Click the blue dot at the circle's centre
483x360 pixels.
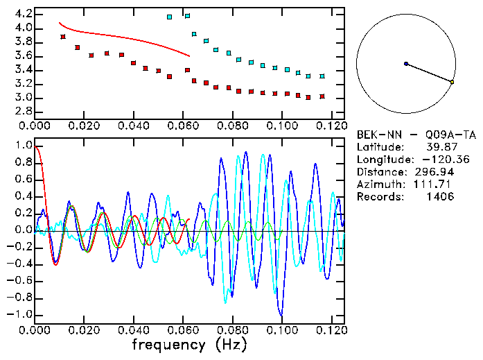pyautogui.click(x=406, y=64)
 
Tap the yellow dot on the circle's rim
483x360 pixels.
pyautogui.click(x=452, y=83)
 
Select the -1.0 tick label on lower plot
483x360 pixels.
pyautogui.click(x=19, y=314)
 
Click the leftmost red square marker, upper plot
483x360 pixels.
pyautogui.click(x=63, y=37)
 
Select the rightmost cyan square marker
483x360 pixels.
pyautogui.click(x=322, y=76)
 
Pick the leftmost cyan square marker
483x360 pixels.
pyautogui.click(x=170, y=17)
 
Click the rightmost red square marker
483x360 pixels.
pyautogui.click(x=322, y=96)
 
